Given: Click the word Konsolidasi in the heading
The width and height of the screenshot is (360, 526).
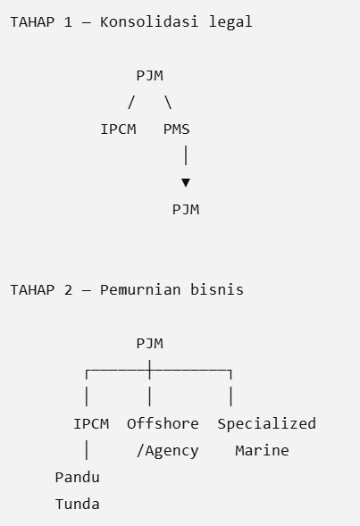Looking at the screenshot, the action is coord(148,22).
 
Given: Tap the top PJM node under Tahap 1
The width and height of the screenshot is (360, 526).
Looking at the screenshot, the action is coord(150,76).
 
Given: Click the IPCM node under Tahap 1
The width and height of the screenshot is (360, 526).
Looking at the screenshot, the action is coord(119,129).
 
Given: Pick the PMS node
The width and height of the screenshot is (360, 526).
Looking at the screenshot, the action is coord(177,129).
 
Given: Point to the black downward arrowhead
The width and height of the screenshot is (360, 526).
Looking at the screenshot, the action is coord(186,182).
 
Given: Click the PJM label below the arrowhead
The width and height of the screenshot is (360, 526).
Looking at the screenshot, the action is coord(186,209).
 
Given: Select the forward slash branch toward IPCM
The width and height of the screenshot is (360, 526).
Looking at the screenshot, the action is coord(131,103).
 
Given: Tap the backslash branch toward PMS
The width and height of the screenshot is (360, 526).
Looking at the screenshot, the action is coord(168,103).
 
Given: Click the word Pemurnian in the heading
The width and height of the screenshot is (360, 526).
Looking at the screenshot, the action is coord(140,290).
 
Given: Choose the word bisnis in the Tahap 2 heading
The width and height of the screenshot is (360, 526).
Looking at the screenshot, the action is coord(217,290).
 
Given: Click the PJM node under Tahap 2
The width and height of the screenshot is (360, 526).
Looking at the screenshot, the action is coord(150,344).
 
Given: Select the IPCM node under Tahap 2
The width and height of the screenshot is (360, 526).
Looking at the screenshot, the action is coord(91,423).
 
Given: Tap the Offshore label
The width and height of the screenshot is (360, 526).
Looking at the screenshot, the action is coord(163,423).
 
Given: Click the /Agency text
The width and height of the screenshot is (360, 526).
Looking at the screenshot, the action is coord(167,451).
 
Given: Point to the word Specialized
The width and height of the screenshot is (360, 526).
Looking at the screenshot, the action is coord(267,424).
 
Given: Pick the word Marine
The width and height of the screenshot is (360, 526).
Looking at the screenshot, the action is coord(262,450).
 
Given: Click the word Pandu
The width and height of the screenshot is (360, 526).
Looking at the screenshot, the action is coord(77,478).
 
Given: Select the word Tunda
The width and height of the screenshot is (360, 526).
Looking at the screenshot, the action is coord(77,505).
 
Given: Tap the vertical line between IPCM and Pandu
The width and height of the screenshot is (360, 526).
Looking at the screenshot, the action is coord(87,450).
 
